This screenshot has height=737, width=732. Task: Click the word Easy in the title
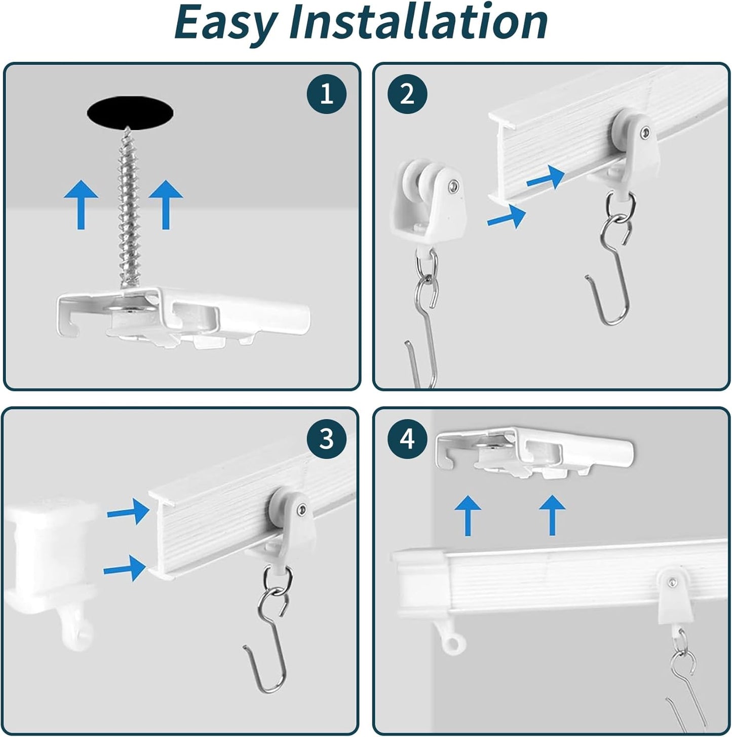225,23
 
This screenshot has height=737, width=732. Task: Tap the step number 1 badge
326,94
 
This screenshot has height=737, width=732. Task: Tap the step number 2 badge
407,94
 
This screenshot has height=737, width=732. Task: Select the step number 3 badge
326,438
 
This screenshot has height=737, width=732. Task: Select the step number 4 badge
407,439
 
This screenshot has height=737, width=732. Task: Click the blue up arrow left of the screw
81,205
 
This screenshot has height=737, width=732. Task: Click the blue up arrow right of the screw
166,205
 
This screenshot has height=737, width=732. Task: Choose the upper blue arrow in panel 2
546,178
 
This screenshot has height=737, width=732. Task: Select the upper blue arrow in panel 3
129,511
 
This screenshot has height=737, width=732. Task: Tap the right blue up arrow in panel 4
552,514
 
